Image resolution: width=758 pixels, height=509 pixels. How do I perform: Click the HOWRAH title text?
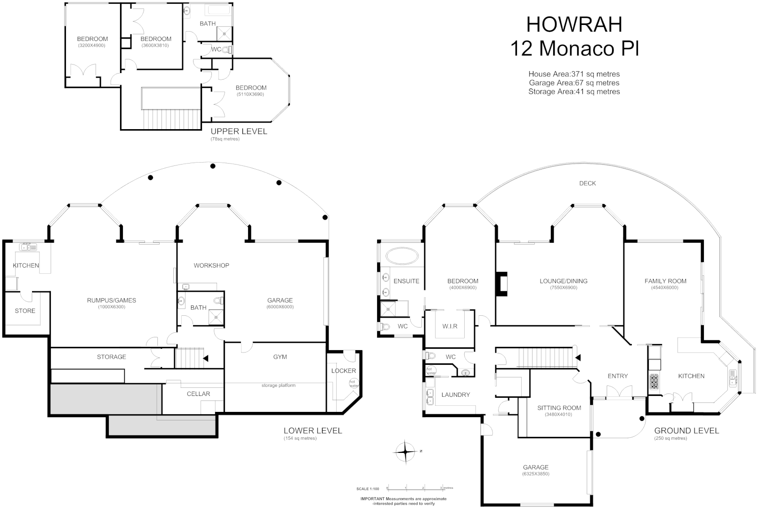[574, 25]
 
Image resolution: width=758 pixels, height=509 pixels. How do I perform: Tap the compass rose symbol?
[405, 452]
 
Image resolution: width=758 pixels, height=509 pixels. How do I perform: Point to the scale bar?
[414, 489]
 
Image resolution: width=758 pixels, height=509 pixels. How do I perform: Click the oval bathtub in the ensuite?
[402, 257]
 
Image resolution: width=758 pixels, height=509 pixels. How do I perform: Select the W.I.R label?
[450, 326]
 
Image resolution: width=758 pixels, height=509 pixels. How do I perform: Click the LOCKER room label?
[343, 371]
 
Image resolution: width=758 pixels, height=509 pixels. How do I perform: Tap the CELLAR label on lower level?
[198, 394]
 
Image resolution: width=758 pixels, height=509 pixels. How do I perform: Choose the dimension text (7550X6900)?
[563, 287]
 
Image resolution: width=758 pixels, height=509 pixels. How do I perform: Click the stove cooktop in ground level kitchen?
[654, 380]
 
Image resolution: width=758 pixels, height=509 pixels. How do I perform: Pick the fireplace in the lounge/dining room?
[501, 284]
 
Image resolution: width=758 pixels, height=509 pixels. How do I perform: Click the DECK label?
[587, 183]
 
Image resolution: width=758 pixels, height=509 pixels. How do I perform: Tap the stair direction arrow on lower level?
[205, 358]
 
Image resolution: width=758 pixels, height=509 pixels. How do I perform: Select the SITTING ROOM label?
[559, 408]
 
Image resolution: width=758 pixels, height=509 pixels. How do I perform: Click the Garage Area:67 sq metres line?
[574, 83]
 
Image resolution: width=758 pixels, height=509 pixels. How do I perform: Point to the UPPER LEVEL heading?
[239, 131]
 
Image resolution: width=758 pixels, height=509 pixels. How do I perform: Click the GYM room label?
[280, 357]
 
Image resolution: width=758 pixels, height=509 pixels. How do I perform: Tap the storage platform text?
[278, 386]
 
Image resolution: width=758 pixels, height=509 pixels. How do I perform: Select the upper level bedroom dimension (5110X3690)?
[250, 94]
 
